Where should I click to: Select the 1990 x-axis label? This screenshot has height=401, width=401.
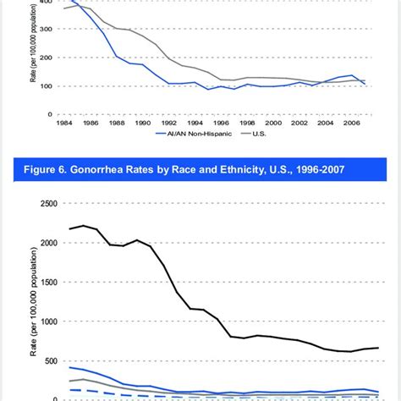click(143, 124)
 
